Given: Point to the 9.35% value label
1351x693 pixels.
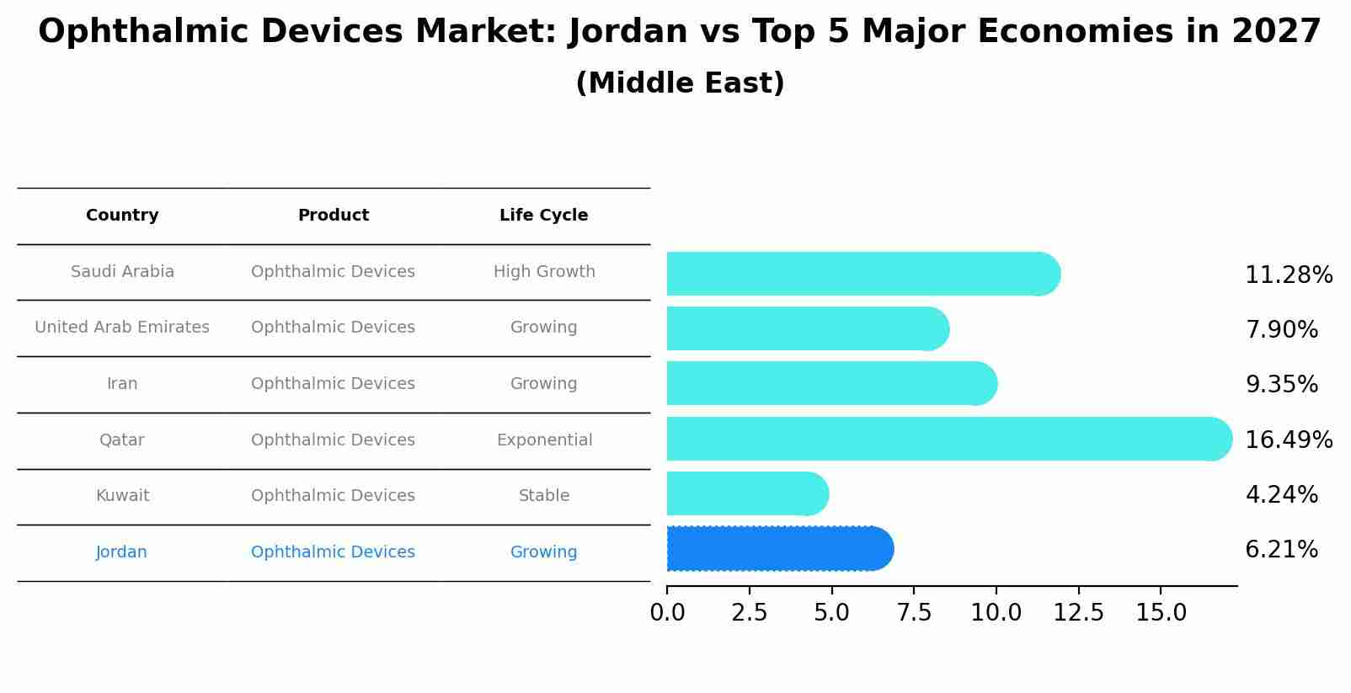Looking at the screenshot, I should [1281, 385].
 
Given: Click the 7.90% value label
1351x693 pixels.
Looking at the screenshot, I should [1281, 330].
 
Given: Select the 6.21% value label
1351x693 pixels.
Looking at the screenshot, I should [1281, 550].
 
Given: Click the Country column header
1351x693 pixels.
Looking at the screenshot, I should [122, 216].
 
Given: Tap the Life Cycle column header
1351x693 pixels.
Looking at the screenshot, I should [543, 216].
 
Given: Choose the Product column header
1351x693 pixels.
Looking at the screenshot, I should [334, 216].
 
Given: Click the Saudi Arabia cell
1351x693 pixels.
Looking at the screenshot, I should [122, 272].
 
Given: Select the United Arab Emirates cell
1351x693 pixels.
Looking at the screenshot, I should [122, 328].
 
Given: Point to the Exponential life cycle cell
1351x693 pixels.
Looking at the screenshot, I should [544, 440].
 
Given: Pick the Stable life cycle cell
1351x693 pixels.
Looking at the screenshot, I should [544, 496].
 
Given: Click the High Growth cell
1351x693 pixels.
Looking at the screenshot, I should [544, 272].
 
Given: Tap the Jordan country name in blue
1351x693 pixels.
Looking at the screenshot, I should [121, 552].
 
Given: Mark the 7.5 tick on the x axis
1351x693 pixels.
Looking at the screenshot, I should [914, 613].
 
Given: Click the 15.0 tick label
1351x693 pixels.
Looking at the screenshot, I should [1161, 613].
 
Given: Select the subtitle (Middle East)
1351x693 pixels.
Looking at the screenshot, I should [680, 83].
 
